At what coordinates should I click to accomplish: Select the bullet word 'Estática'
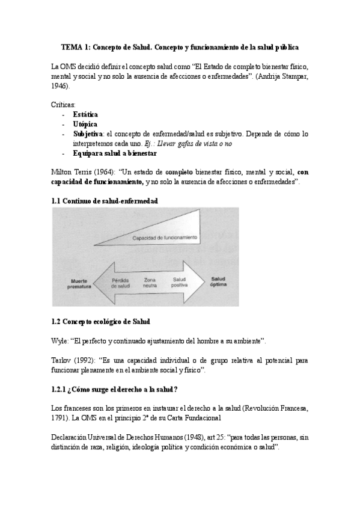[86, 114]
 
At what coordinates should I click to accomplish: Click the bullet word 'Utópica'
[85, 123]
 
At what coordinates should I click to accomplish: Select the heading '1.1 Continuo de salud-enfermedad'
[105, 201]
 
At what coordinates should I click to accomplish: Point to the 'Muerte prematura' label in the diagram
[79, 283]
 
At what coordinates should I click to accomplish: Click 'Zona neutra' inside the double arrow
[150, 283]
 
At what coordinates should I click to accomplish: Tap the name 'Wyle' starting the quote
[59, 341]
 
